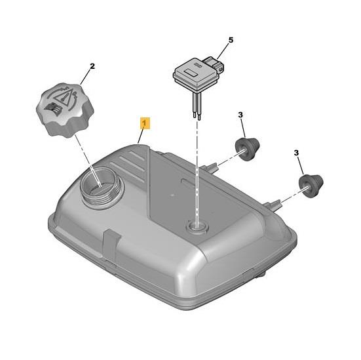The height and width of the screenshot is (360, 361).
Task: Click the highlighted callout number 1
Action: [x=145, y=123]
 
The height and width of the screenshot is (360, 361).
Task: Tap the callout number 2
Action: [x=92, y=66]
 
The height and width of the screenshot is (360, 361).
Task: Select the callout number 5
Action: [x=231, y=41]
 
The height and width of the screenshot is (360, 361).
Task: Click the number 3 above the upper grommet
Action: [x=240, y=115]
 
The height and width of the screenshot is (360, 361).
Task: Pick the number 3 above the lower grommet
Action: [x=296, y=153]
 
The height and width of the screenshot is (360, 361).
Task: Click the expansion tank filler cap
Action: [x=65, y=110]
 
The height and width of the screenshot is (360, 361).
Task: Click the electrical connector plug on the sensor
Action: [x=214, y=63]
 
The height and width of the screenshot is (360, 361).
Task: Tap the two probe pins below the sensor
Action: [x=197, y=106]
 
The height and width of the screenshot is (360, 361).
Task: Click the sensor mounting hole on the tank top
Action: [x=197, y=226]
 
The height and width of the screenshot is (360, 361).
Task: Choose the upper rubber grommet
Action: [x=248, y=149]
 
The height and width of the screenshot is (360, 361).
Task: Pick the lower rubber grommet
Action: [x=311, y=186]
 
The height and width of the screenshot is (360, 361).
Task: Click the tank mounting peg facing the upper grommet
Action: [x=210, y=167]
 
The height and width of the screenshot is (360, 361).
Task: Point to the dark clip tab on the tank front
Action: [x=111, y=245]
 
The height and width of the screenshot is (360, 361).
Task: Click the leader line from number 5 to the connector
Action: [x=223, y=51]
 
